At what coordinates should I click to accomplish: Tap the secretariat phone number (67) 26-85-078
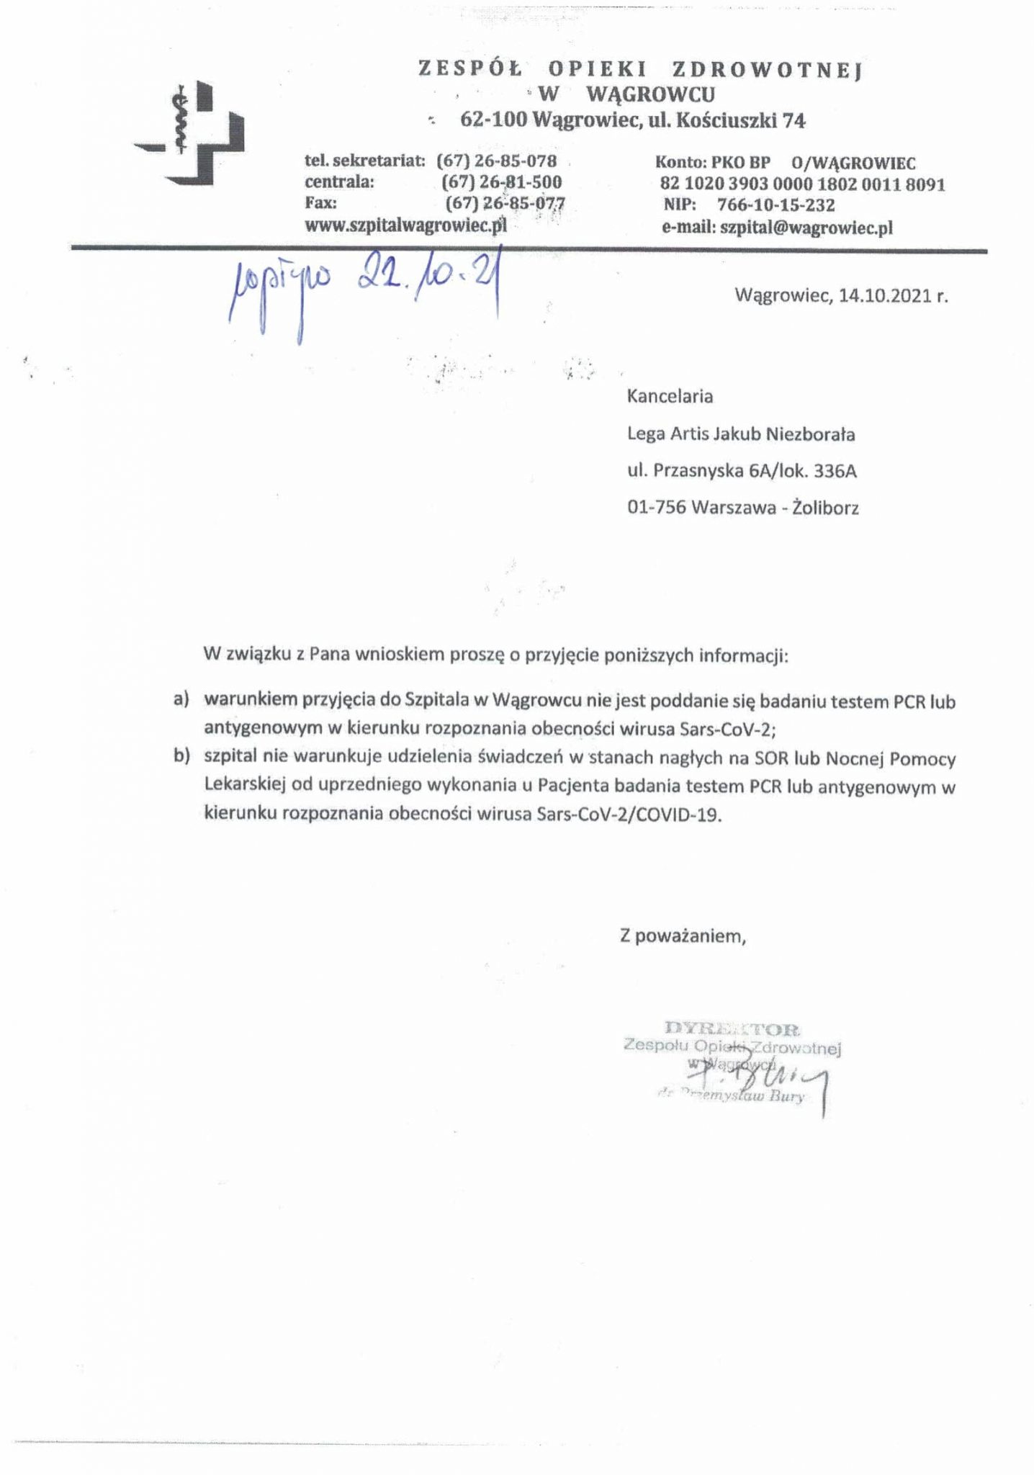pyautogui.click(x=497, y=161)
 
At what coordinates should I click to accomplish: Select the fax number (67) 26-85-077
pyautogui.click(x=505, y=203)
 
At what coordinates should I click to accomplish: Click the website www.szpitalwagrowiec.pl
pyautogui.click(x=406, y=225)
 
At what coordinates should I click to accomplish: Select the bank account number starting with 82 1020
pyautogui.click(x=802, y=185)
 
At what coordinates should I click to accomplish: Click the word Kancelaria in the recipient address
pyautogui.click(x=670, y=396)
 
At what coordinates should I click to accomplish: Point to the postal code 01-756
pyautogui.click(x=656, y=508)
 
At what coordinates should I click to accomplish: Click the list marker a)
pyautogui.click(x=181, y=699)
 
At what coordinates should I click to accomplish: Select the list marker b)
pyautogui.click(x=181, y=757)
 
